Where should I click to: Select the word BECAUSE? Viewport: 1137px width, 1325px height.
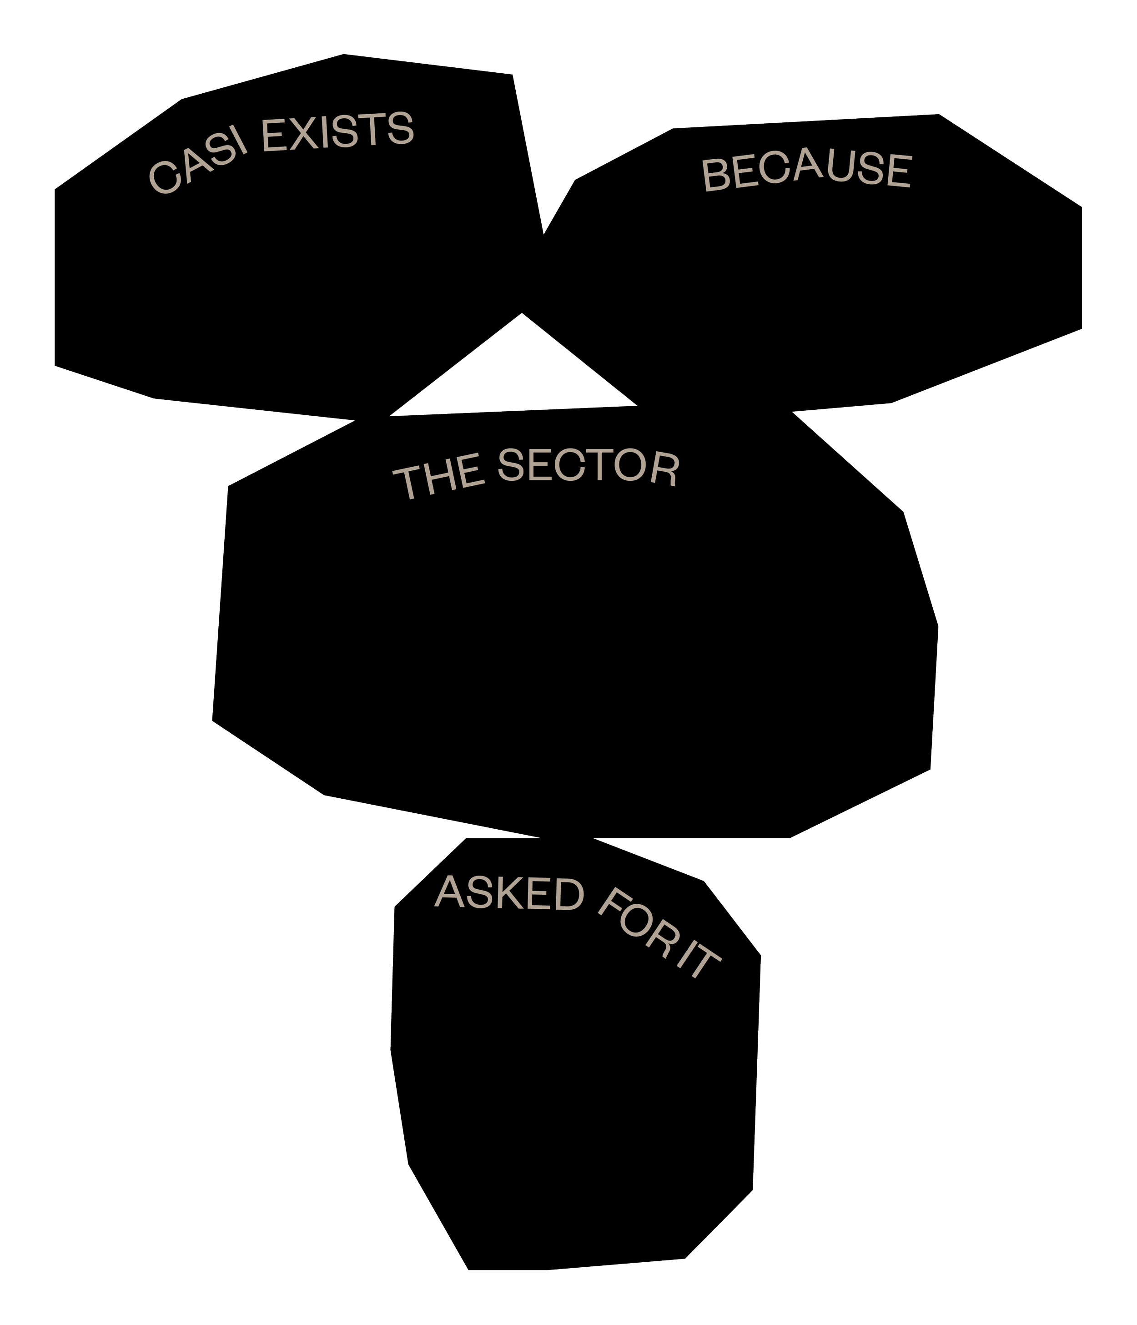(x=806, y=171)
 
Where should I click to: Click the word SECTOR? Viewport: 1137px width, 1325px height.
(x=589, y=467)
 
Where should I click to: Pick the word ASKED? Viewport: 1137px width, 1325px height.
(x=510, y=893)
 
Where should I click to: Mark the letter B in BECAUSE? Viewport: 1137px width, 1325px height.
(x=715, y=175)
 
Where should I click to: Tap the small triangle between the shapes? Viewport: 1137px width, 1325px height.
(x=518, y=377)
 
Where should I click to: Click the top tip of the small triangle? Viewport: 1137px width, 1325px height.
(x=522, y=315)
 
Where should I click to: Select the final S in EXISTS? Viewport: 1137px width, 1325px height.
(x=401, y=129)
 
